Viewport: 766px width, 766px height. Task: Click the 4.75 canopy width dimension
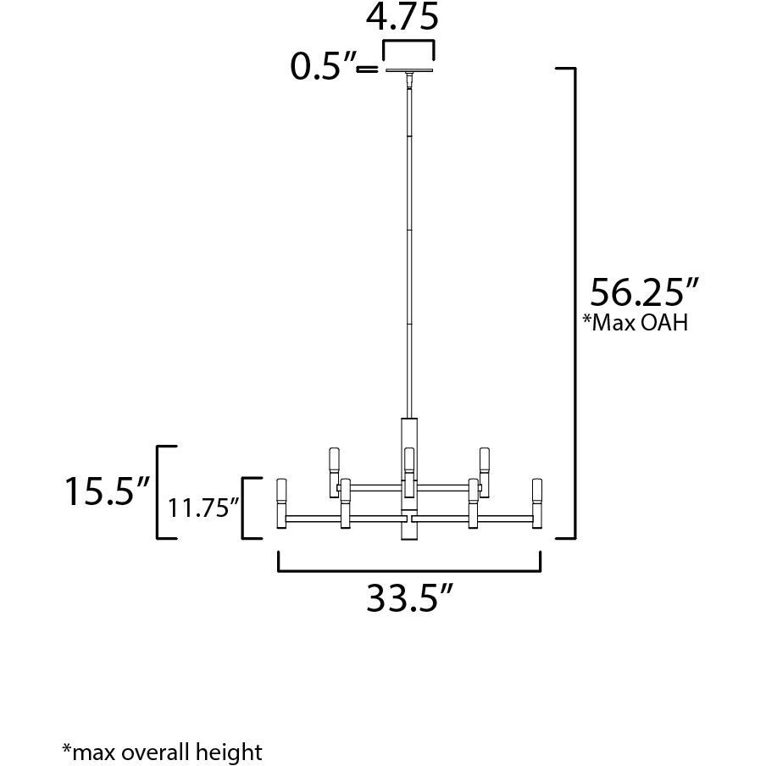402,17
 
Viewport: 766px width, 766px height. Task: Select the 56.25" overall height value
644,293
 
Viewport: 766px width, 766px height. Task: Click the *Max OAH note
635,323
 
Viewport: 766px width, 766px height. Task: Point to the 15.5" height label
108,491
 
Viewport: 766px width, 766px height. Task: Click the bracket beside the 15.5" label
161,491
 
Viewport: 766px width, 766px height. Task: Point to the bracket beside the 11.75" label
246,508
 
